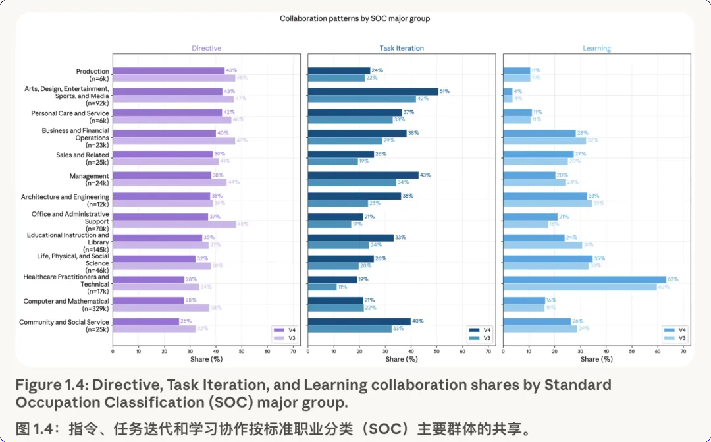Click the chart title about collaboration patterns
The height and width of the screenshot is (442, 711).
pos(354,18)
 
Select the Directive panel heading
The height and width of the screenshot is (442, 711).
pos(206,48)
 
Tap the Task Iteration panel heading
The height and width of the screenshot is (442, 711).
pos(402,48)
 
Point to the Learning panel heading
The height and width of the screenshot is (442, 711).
pos(596,48)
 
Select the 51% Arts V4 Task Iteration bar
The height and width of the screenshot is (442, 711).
pos(373,92)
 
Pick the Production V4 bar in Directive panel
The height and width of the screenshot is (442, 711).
pos(169,70)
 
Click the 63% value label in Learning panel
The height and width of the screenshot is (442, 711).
pos(672,279)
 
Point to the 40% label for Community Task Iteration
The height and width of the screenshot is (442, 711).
pos(417,321)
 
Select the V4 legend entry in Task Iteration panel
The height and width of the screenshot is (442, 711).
pos(479,330)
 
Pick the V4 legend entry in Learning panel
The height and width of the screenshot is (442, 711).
pos(673,330)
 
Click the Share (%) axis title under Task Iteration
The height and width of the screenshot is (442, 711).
pos(402,359)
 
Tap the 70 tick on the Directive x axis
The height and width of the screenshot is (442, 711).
pos(293,351)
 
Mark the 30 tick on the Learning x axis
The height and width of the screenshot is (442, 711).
pos(581,351)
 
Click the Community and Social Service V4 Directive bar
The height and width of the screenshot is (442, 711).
pos(145,321)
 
